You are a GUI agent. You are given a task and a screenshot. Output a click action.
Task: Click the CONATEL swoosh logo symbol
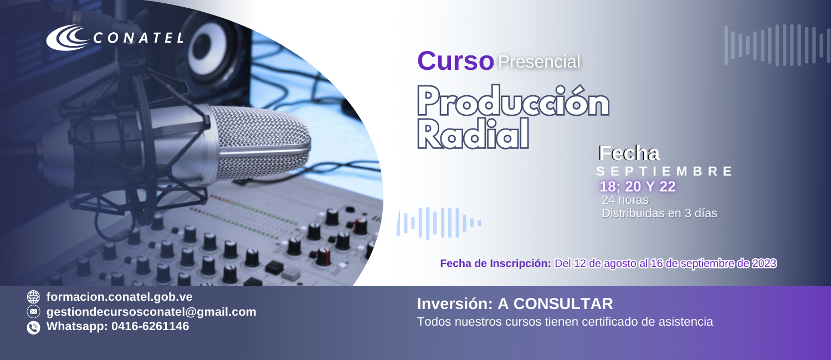coord(67,37)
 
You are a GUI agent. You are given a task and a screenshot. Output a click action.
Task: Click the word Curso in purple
coord(455,61)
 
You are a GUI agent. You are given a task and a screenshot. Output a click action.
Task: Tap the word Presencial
coord(539,61)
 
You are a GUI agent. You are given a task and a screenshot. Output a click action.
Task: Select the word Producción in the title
coord(513,101)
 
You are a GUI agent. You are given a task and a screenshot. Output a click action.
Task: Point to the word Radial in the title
coord(473,134)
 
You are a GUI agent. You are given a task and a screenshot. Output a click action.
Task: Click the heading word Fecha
coord(629,153)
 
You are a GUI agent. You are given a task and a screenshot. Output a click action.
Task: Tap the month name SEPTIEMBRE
coord(664,171)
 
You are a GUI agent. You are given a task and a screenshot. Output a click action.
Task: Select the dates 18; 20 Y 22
coord(638,187)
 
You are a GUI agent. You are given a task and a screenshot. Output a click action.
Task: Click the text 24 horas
coord(625,200)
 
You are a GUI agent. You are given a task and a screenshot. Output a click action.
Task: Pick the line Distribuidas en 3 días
coord(660,213)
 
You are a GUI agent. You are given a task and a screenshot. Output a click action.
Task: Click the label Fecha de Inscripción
coord(496,263)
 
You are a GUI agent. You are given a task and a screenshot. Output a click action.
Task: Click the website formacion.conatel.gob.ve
coord(120,297)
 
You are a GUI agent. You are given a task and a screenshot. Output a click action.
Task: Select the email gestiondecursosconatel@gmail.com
coord(151,312)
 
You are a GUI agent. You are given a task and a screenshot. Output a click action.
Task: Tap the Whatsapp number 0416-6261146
coord(150,326)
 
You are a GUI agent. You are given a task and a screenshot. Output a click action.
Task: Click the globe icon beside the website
coord(33,297)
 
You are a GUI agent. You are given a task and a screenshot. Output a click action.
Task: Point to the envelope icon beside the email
coord(33,312)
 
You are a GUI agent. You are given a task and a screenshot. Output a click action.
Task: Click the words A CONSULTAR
coord(555,304)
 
